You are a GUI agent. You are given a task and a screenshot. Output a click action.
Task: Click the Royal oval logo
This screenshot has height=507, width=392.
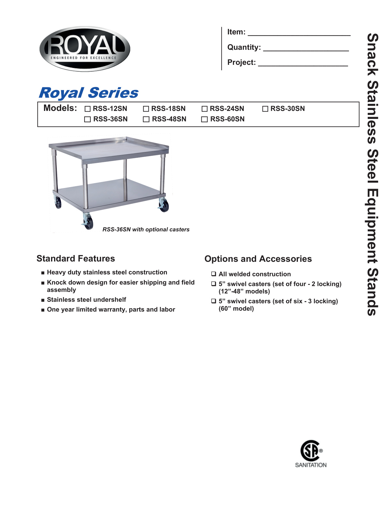[x=85, y=49]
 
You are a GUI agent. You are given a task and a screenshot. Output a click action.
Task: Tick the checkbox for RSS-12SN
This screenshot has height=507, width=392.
[x=88, y=109]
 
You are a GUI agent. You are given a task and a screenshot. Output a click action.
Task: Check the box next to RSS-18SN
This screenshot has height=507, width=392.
[x=146, y=109]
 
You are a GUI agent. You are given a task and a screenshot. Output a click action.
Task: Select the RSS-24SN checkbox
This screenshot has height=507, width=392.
[x=204, y=109]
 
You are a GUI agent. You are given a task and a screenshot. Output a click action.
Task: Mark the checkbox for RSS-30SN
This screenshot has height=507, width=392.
[x=265, y=109]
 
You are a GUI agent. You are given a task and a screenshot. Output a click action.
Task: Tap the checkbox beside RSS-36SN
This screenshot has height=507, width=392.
[x=88, y=119]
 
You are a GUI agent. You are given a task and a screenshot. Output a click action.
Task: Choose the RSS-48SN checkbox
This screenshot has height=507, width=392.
[x=146, y=119]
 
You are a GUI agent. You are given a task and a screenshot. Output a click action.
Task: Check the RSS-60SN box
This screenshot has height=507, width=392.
[x=204, y=119]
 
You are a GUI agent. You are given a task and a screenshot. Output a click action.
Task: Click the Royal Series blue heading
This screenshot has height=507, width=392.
[x=89, y=93]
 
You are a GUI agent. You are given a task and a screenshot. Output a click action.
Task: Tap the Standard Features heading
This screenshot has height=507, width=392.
[x=76, y=259]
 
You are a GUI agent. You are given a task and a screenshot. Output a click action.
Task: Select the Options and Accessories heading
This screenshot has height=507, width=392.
[x=258, y=259]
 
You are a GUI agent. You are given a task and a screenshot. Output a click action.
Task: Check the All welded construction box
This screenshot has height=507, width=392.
[x=214, y=274]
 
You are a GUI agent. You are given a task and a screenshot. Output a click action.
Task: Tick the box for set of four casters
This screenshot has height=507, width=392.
[x=214, y=284]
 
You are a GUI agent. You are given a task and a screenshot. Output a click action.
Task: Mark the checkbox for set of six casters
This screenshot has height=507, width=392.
[x=214, y=301]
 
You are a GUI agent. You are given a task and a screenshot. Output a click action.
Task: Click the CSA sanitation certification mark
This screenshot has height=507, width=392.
[x=311, y=454]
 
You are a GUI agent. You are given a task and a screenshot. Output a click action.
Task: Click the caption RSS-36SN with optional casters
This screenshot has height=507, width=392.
[x=146, y=230]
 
